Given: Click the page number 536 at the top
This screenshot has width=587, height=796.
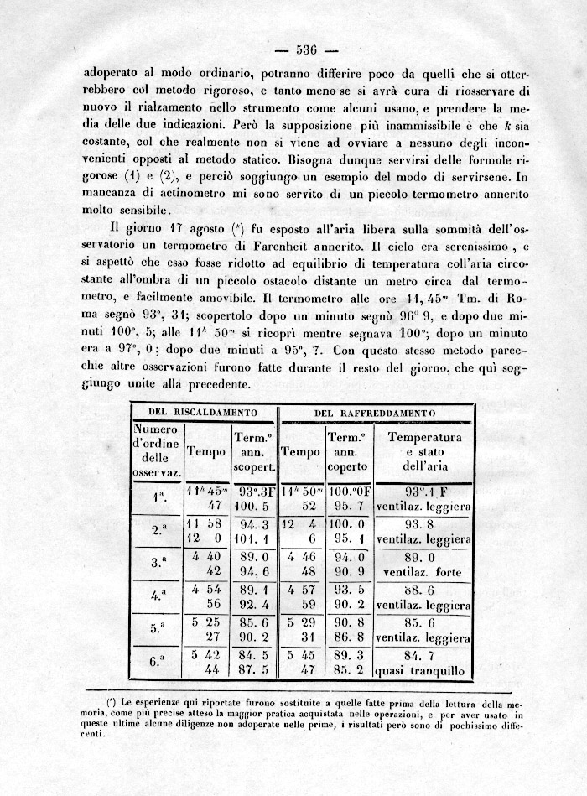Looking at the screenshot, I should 304,48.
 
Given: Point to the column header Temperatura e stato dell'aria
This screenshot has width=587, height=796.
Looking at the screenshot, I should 424,451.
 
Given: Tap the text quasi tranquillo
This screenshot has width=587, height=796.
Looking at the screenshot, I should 423,670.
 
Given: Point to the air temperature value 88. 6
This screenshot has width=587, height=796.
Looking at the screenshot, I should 423,590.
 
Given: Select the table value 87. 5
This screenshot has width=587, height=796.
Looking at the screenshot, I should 253,670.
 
